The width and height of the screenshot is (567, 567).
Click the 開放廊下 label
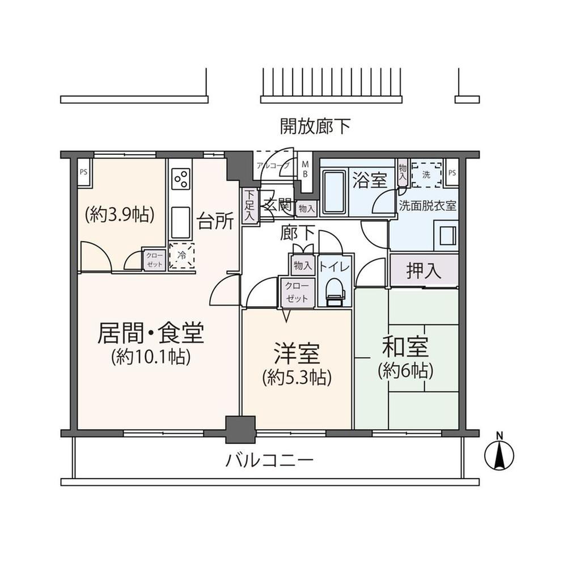pyautogui.click(x=315, y=126)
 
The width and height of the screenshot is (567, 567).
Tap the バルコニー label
pyautogui.click(x=269, y=459)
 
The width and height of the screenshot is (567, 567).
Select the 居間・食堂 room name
pyautogui.click(x=151, y=333)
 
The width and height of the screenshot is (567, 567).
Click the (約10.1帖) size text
pyautogui.click(x=151, y=357)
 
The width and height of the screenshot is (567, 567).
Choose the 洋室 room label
pyautogui.click(x=297, y=354)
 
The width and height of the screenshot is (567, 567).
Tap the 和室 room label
pyautogui.click(x=405, y=346)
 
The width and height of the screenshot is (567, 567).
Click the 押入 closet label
pyautogui.click(x=424, y=271)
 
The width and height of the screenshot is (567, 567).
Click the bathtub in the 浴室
pyautogui.click(x=333, y=193)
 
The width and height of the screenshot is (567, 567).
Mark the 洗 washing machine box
pyautogui.click(x=426, y=175)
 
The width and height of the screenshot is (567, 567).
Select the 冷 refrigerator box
pyautogui.click(x=182, y=257)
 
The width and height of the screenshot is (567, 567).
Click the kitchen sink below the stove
pyautogui.click(x=181, y=222)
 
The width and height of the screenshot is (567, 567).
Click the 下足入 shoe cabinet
pyautogui.click(x=249, y=206)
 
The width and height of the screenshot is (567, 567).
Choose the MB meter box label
pyautogui.click(x=304, y=170)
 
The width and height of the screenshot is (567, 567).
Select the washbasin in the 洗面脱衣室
pyautogui.click(x=445, y=234)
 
